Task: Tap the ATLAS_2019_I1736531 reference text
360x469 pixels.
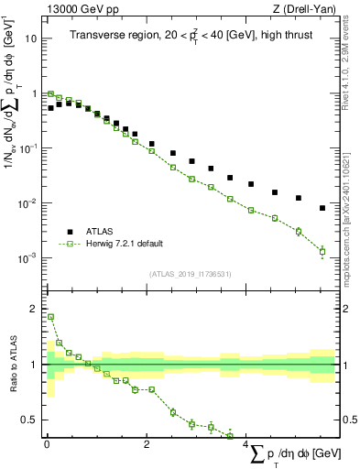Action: (190, 274)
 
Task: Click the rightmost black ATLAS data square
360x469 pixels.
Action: (322, 208)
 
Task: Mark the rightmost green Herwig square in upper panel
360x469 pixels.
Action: (322, 251)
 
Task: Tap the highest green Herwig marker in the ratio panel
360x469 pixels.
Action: (50, 317)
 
